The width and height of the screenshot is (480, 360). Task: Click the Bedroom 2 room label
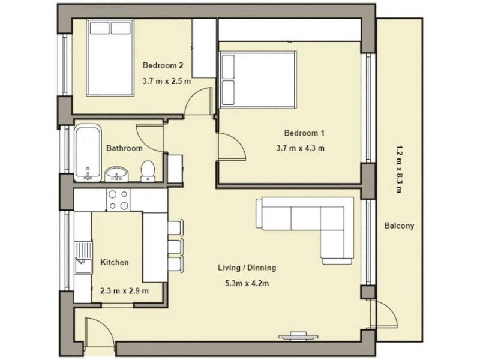point(163,65)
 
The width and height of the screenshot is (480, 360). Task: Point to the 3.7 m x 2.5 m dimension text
point(166,81)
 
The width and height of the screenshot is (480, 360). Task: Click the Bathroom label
point(124,148)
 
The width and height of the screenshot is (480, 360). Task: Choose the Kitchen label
point(114,262)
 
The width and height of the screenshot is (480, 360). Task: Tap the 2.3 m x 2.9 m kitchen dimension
point(124,290)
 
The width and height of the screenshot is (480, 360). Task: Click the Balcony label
point(400,226)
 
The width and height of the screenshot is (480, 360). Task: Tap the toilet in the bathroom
point(148,171)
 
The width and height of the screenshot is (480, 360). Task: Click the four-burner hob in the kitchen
point(118,199)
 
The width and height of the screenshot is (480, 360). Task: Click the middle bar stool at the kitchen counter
point(174,246)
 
